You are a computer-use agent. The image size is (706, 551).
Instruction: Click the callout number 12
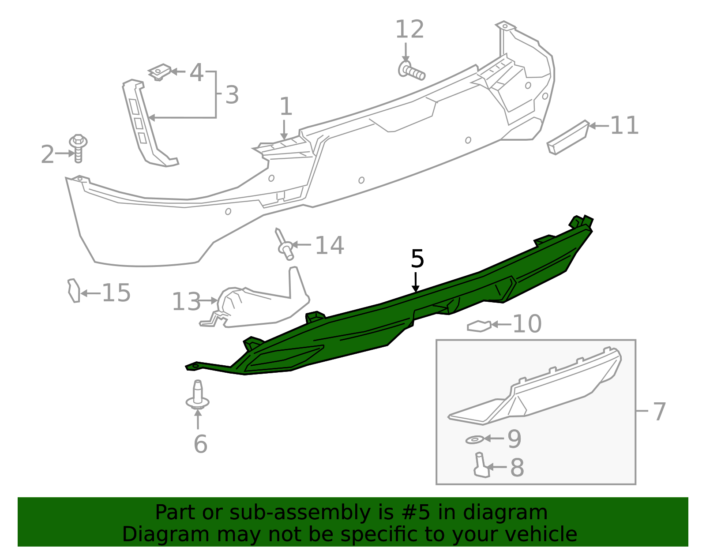(x=409, y=30)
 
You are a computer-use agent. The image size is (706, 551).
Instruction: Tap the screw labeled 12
(x=412, y=71)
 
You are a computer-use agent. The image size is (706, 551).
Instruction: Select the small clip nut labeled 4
(x=160, y=71)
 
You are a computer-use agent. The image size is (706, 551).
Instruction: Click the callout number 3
(x=232, y=95)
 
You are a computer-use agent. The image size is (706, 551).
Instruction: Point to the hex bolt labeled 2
(x=78, y=148)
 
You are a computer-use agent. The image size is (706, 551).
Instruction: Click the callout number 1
(x=286, y=107)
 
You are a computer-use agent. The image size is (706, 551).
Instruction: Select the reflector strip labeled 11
(x=568, y=137)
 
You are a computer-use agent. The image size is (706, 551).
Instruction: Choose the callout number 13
(x=186, y=302)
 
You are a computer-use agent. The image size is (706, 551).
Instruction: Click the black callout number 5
(x=417, y=259)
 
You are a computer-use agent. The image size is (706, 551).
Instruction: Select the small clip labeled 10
(x=478, y=326)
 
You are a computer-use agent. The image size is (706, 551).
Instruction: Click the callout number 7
(x=658, y=412)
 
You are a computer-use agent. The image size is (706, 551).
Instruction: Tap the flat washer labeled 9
(x=474, y=439)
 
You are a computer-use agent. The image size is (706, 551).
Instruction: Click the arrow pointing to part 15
(x=90, y=293)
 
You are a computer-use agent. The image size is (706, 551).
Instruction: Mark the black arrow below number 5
(x=415, y=282)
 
